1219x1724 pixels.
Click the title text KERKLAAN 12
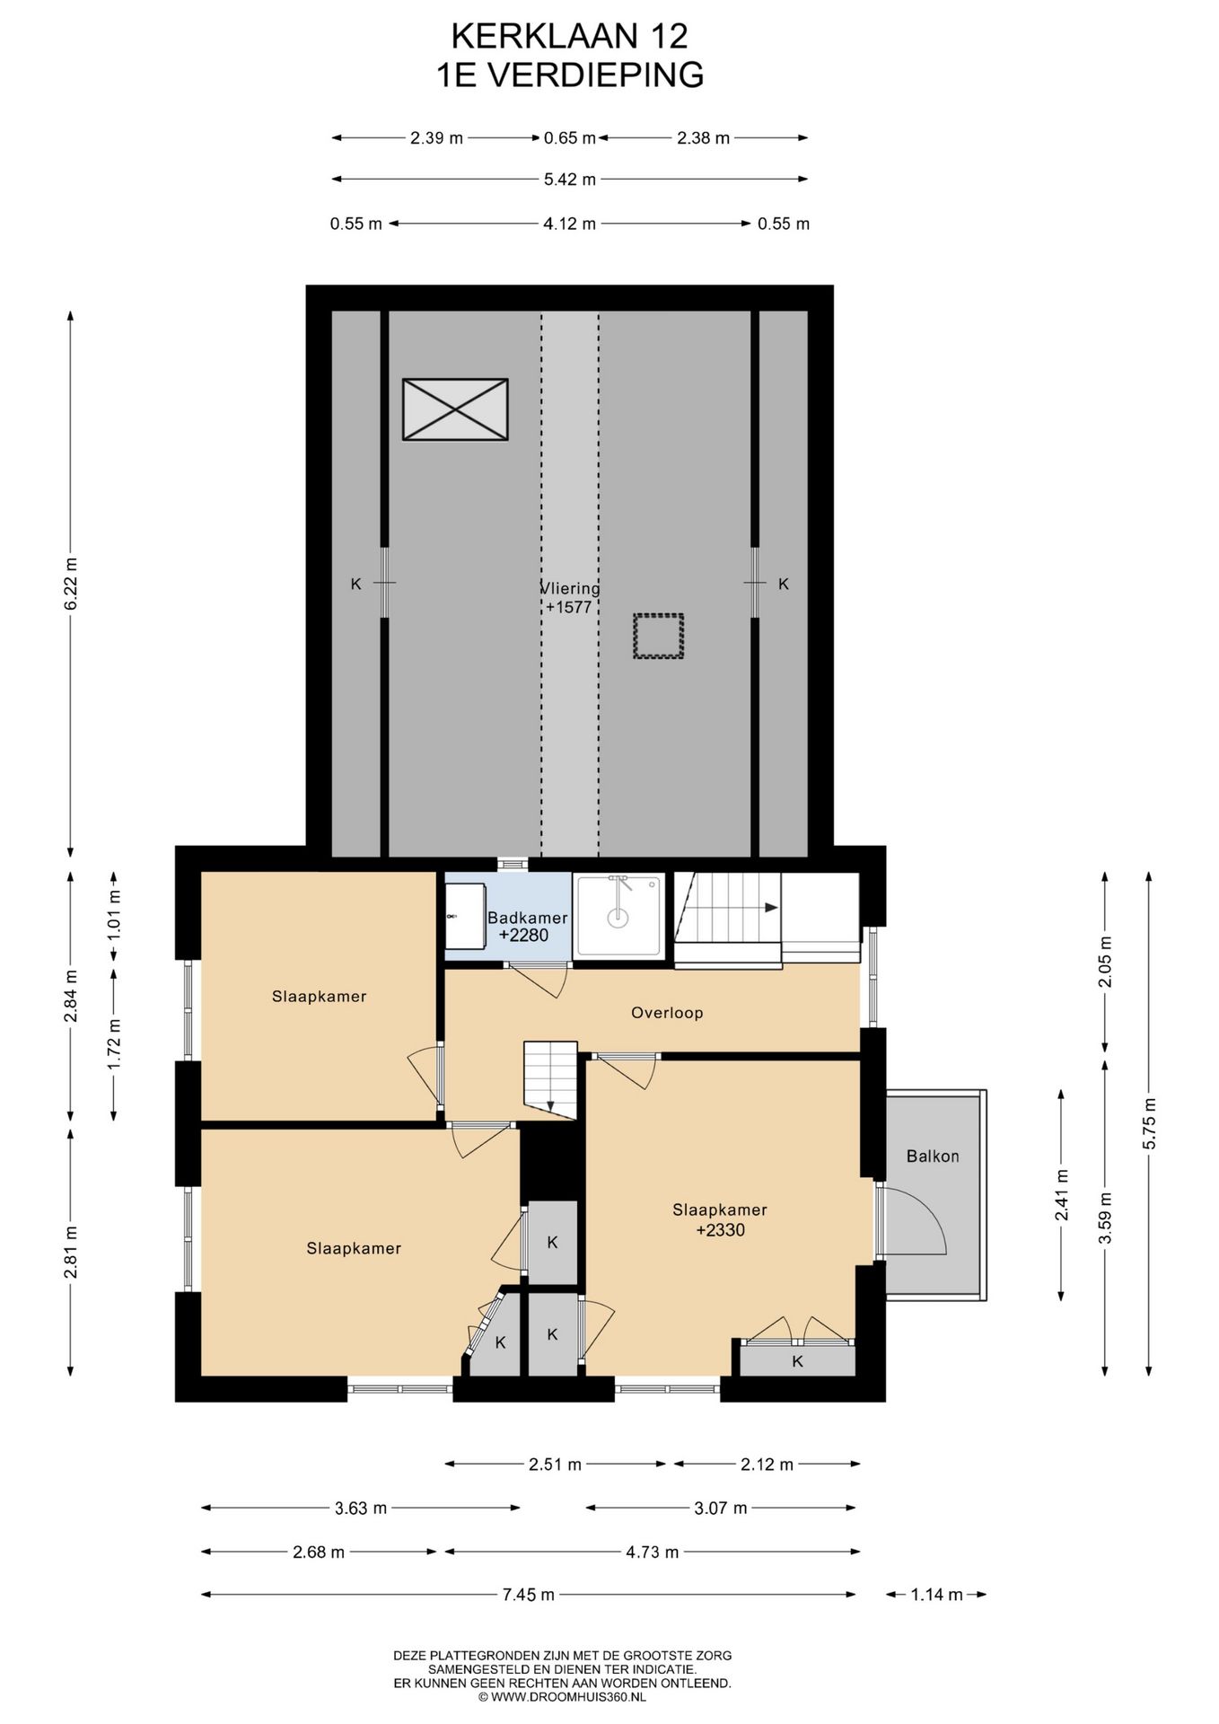tap(569, 36)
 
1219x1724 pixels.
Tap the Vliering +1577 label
tap(569, 598)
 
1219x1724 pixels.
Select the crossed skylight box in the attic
tap(455, 409)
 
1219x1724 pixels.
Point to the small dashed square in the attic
tap(658, 637)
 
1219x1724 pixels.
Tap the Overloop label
tap(667, 1013)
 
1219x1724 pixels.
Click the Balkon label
tap(933, 1157)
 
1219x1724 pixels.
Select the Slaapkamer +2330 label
tap(720, 1220)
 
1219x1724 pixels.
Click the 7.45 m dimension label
tap(529, 1595)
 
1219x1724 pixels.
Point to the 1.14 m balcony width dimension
tap(936, 1595)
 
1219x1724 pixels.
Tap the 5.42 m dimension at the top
tap(570, 180)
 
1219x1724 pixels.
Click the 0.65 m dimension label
tap(570, 138)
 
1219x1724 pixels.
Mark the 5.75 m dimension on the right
tap(1150, 1123)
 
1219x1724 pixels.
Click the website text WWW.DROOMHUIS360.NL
tap(567, 1698)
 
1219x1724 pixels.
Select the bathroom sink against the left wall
tap(466, 915)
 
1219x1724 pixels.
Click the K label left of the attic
tap(355, 585)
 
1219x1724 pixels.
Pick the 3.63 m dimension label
tap(361, 1508)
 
